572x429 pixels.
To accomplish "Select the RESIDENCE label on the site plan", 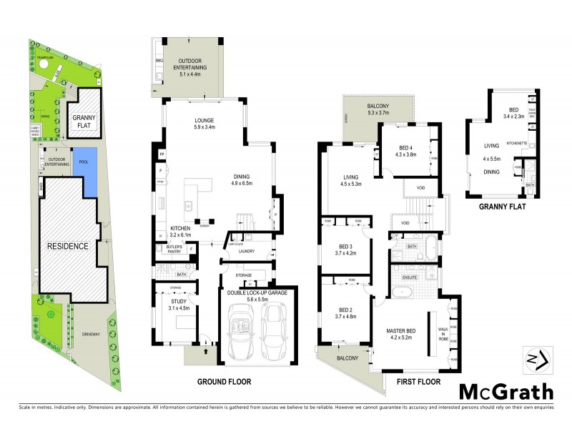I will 67,246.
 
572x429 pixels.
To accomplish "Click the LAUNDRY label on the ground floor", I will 247,251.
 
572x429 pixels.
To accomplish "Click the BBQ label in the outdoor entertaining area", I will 159,62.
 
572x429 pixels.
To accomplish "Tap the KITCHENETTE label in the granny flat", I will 517,143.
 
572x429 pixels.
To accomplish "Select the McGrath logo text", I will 506,391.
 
